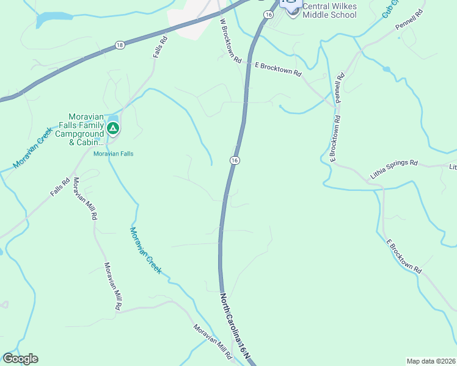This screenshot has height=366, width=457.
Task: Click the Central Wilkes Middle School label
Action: click(329, 10)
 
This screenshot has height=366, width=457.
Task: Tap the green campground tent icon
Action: click(112, 128)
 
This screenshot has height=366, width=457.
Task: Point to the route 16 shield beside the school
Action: click(268, 13)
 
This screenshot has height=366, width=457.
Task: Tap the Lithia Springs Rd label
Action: click(393, 170)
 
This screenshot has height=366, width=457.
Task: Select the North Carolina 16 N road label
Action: click(235, 328)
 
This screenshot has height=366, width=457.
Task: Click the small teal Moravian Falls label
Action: click(113, 154)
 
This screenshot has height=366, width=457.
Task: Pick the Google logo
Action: click(20, 359)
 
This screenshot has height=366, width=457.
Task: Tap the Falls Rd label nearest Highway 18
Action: click(161, 48)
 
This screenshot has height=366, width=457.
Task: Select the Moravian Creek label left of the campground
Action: click(29, 153)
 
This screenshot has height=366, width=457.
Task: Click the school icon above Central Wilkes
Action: click(287, 3)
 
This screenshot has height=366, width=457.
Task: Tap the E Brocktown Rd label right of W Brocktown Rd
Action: click(278, 69)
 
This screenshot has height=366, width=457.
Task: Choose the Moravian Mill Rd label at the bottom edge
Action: click(214, 341)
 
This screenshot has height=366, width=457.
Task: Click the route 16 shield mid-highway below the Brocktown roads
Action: click(235, 160)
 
